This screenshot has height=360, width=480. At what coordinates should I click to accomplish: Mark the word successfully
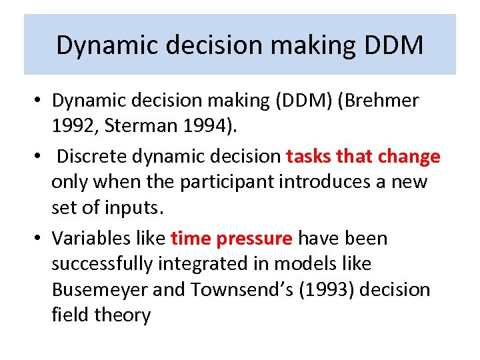point(103,264)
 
